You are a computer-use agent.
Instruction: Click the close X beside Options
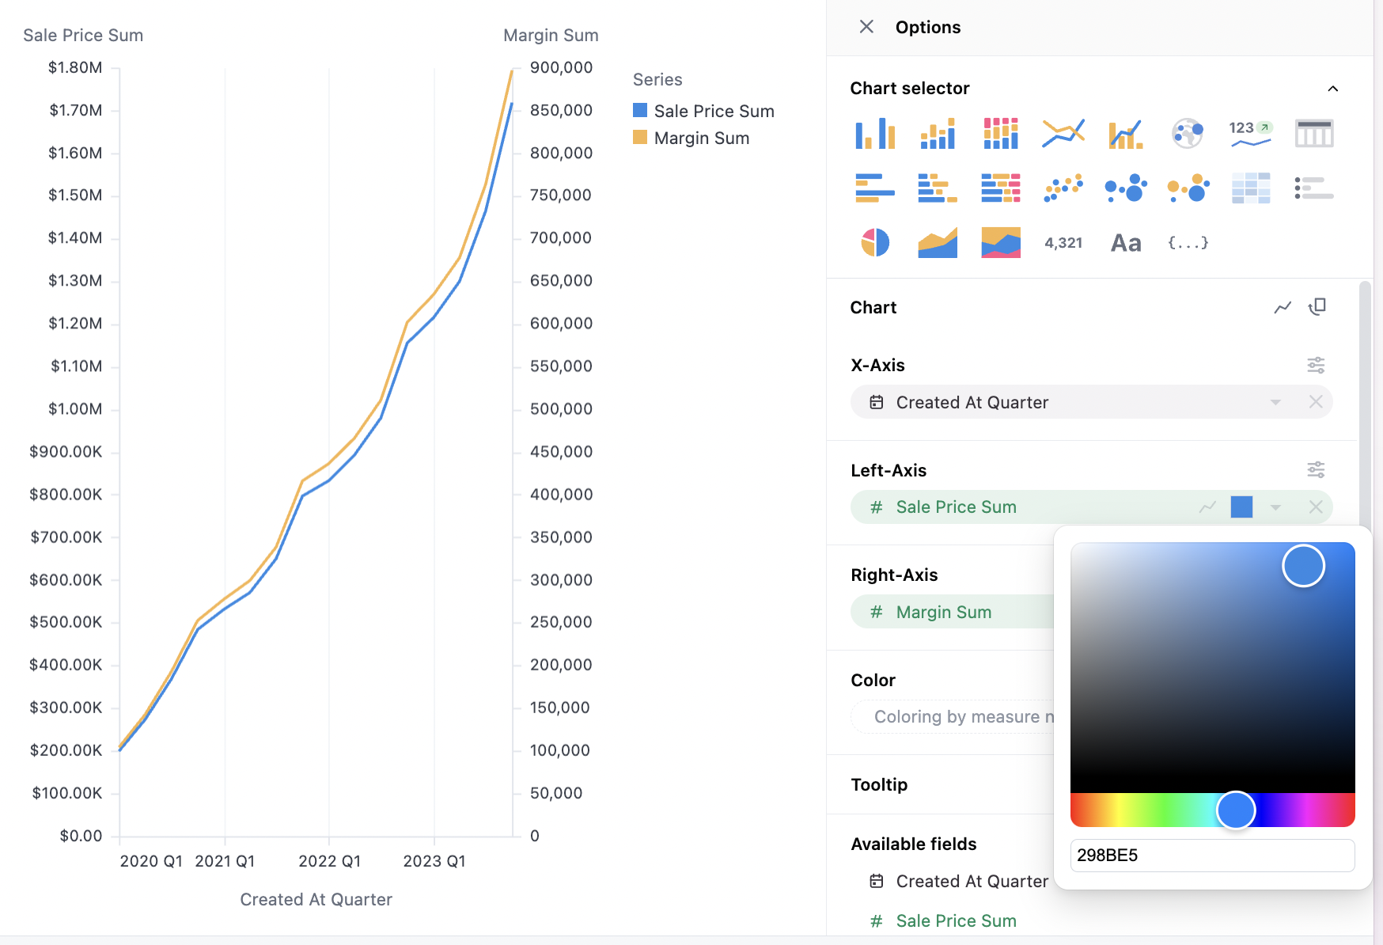pos(866,27)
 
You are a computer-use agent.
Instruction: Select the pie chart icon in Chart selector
pos(875,242)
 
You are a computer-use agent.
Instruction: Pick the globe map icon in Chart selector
pos(1188,133)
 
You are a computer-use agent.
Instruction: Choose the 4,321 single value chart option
pos(1063,243)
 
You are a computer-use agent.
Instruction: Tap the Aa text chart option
pos(1126,243)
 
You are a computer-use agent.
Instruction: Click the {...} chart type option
pos(1188,243)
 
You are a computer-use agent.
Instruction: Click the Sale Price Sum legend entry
pos(714,111)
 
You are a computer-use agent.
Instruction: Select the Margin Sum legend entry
pos(701,138)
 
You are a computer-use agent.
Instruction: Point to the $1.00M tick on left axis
pos(75,408)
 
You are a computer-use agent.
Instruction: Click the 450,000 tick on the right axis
pos(561,451)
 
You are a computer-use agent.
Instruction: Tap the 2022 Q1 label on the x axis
pos(329,861)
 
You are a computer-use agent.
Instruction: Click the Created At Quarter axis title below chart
pos(316,899)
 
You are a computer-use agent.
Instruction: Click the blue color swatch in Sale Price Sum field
pos(1241,507)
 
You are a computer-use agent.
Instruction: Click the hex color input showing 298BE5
pos(1211,855)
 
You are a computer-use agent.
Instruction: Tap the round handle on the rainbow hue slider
pos(1236,810)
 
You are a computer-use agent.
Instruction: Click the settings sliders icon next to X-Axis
pos(1316,365)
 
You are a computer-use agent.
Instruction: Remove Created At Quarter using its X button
pos(1316,402)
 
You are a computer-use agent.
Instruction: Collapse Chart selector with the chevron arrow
pos(1333,89)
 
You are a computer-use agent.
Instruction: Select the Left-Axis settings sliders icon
pos(1316,470)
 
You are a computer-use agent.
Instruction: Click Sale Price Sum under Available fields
pos(956,920)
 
